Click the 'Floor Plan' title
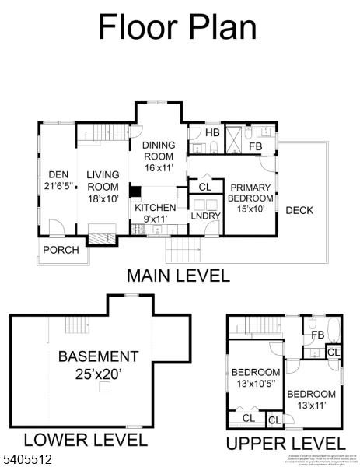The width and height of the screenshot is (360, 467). coord(177,26)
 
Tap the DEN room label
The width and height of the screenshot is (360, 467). coord(58,181)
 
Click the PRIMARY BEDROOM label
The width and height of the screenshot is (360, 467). coord(250,198)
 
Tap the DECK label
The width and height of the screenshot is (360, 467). coord(299,210)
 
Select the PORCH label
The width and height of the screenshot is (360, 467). coord(61,250)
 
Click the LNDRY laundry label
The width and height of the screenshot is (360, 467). coord(204,216)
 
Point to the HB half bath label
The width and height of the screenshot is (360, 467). coord(213,132)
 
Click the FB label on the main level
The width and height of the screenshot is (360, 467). coord(255,146)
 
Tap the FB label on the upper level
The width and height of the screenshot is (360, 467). coord(318,335)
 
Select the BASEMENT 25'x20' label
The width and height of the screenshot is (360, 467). coord(98,365)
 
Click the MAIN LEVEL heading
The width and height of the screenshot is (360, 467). coord(178,276)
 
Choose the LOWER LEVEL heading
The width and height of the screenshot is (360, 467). coord(85,440)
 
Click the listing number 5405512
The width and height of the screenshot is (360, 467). coord(27,459)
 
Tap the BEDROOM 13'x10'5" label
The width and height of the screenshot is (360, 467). coord(256,378)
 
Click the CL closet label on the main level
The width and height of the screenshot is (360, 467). coord(204,187)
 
